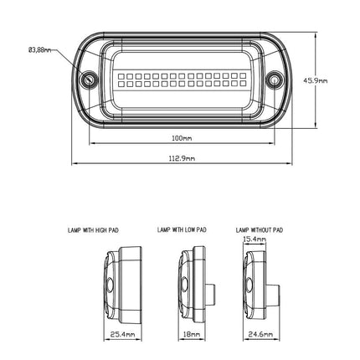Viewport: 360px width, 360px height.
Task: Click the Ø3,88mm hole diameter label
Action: (x=39, y=50)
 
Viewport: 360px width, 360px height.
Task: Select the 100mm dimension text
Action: (x=182, y=138)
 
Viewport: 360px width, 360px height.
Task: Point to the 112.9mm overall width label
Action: (x=182, y=157)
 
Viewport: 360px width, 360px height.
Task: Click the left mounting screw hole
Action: (x=88, y=80)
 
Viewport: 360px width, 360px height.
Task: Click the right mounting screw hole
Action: (x=274, y=80)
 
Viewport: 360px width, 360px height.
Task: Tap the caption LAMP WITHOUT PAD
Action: (x=260, y=229)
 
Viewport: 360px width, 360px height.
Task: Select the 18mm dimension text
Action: (x=192, y=334)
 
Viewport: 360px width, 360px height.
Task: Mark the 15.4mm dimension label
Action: (x=255, y=239)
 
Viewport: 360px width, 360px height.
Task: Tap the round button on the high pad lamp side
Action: (x=110, y=287)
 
